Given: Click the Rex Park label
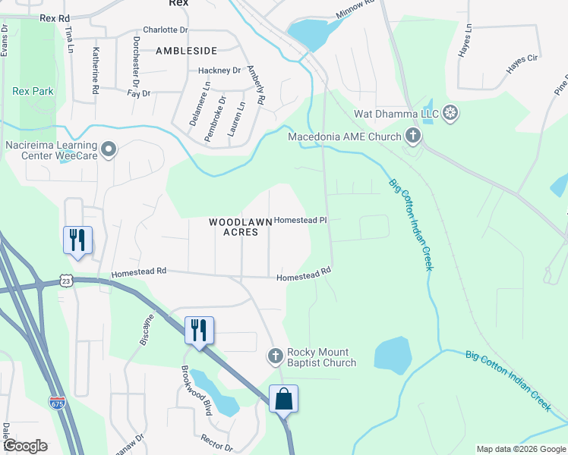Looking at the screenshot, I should pos(33,91).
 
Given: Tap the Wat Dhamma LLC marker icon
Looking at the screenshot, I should pos(450,114).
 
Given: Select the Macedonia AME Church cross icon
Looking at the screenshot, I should pos(413,136).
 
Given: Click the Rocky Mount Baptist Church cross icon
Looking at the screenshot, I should pos(276,356).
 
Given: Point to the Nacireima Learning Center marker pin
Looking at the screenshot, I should pos(109,149).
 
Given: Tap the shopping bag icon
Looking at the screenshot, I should pos(283,398).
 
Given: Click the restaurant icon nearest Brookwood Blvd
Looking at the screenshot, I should pos(199,330).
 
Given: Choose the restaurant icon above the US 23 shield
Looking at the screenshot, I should pos(77,240).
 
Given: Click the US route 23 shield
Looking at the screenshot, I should pos(67,281).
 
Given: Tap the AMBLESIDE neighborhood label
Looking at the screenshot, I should pos(186,51).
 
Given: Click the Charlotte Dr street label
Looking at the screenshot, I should pos(165,30).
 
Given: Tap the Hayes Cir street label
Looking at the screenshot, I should pos(522,67).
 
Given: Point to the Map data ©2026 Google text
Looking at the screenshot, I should pos(520,449).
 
